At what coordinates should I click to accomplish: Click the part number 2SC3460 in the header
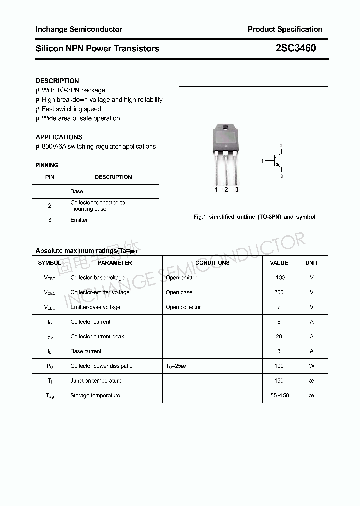click(295, 48)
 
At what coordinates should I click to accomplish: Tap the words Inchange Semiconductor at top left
click(79, 29)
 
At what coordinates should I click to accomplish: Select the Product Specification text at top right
click(285, 29)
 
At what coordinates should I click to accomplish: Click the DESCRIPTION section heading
click(57, 81)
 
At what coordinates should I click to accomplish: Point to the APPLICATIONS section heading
click(59, 137)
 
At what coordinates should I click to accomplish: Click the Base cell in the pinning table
click(77, 191)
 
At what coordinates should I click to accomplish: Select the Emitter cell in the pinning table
click(79, 220)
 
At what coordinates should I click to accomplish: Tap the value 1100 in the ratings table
click(279, 277)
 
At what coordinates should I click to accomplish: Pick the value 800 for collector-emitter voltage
click(279, 292)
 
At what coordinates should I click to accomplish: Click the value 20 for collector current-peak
click(279, 336)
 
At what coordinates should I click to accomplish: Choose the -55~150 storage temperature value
click(279, 395)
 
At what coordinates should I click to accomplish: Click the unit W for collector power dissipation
click(311, 366)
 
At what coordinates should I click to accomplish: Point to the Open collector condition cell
click(183, 307)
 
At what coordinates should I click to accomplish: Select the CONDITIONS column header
click(212, 263)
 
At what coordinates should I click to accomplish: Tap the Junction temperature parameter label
click(96, 381)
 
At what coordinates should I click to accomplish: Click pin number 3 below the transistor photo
click(236, 190)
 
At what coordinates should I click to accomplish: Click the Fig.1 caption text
click(254, 217)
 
